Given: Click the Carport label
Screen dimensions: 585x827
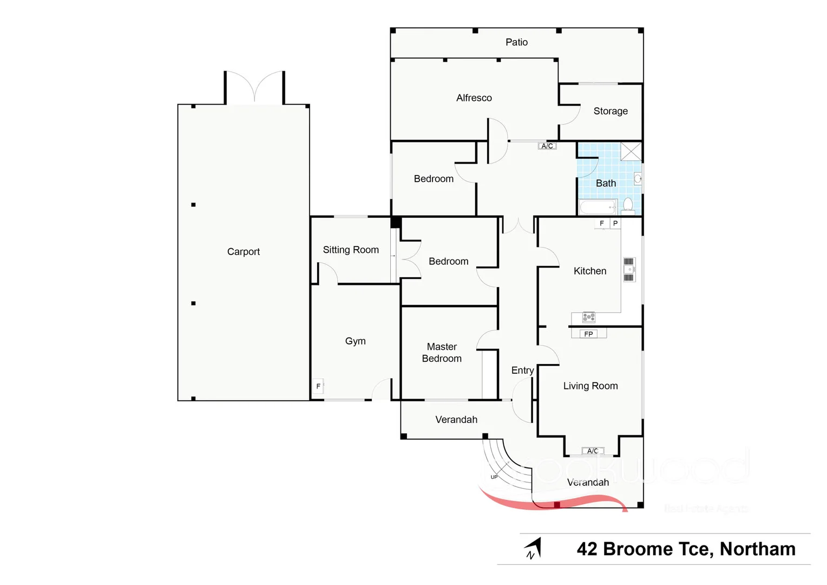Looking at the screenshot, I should pyautogui.click(x=243, y=251).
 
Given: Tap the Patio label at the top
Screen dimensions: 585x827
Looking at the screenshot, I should pyautogui.click(x=516, y=42).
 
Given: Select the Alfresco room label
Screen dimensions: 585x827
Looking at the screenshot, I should pyautogui.click(x=474, y=98).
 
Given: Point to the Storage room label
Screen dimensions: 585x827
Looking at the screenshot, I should pyautogui.click(x=610, y=111).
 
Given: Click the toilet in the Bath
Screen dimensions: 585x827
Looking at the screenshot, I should pyautogui.click(x=628, y=205).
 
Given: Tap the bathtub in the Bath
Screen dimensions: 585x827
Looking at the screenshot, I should pyautogui.click(x=598, y=207).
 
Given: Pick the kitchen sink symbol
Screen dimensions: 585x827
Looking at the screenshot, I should pyautogui.click(x=628, y=270).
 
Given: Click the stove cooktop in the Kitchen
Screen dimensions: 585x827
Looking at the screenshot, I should pyautogui.click(x=589, y=317).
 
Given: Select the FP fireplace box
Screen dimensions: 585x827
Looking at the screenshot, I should pyautogui.click(x=588, y=334).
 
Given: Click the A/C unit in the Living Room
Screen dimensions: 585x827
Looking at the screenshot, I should pyautogui.click(x=593, y=451).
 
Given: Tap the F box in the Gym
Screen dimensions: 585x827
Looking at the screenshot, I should pyautogui.click(x=318, y=386).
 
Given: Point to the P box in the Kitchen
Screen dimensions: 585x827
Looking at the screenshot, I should pyautogui.click(x=615, y=223).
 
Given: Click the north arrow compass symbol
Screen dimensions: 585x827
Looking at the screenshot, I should pyautogui.click(x=533, y=549).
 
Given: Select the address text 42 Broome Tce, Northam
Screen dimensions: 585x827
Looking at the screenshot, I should pyautogui.click(x=686, y=549).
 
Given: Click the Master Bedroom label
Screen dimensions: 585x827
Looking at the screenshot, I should pyautogui.click(x=442, y=353).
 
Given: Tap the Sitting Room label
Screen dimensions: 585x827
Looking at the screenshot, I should pyautogui.click(x=351, y=250).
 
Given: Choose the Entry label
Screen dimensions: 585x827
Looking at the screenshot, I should pyautogui.click(x=522, y=370).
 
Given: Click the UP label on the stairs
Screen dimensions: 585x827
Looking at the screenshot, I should pyautogui.click(x=494, y=477).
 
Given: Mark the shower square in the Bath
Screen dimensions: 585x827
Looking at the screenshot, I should pyautogui.click(x=631, y=152).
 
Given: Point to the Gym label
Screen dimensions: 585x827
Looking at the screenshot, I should pyautogui.click(x=355, y=341).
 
